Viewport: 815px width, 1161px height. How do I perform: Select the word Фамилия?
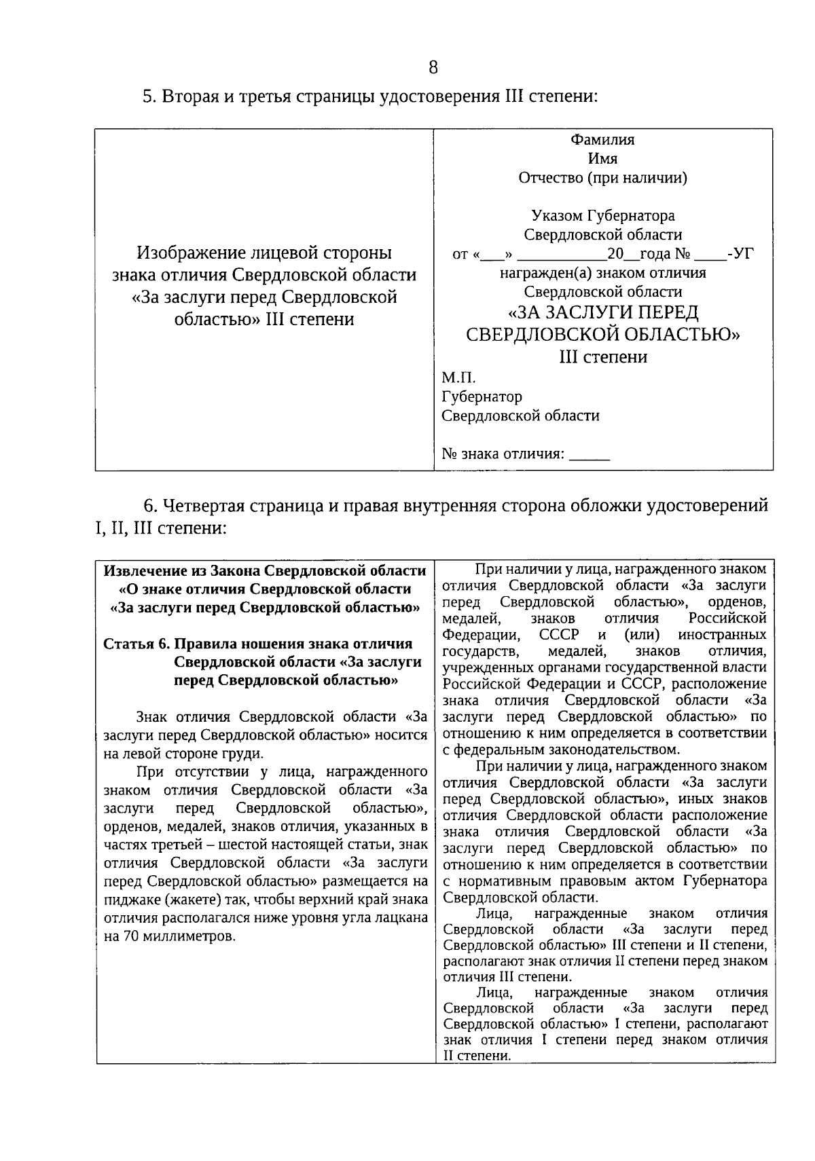[x=602, y=140]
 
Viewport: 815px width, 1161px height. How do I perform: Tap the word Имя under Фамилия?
[x=602, y=159]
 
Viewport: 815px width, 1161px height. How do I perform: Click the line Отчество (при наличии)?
[x=602, y=178]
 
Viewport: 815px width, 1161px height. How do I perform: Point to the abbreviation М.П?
[x=459, y=377]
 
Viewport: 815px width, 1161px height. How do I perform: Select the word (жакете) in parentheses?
[x=189, y=900]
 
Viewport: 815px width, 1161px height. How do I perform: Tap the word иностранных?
[x=722, y=635]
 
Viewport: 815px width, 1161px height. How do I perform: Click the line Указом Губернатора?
[x=602, y=216]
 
